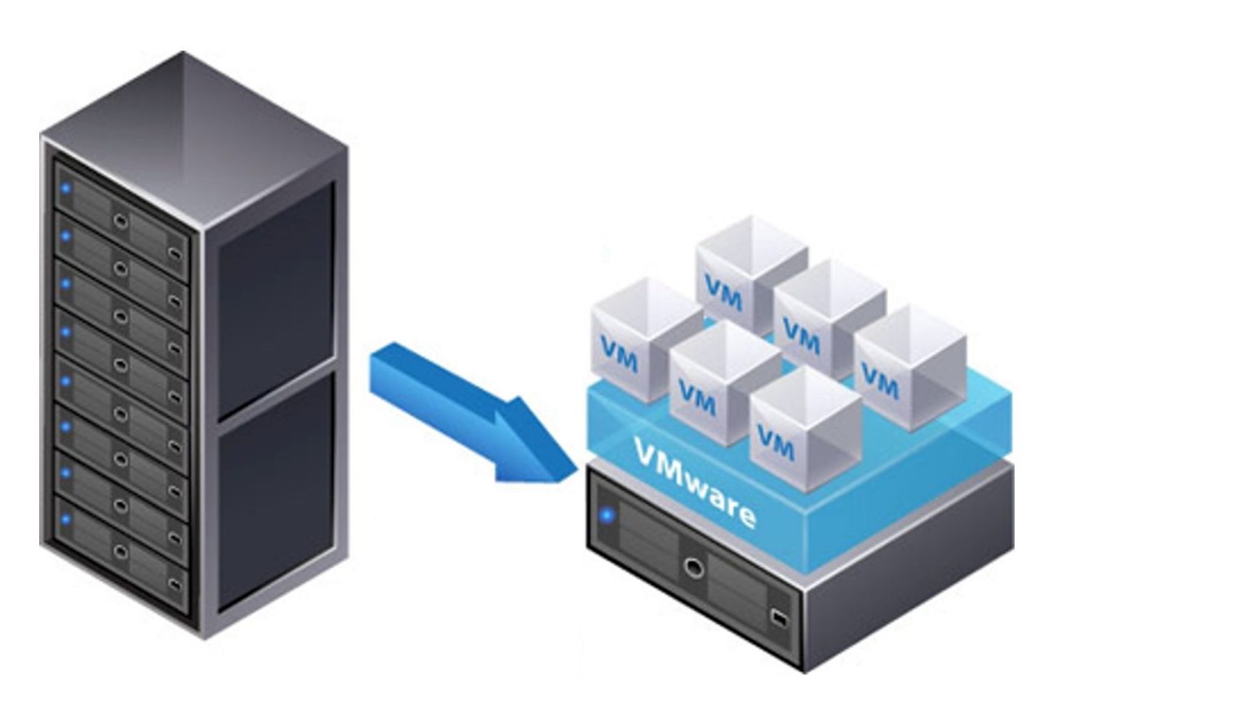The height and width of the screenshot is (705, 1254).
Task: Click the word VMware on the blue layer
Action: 694,484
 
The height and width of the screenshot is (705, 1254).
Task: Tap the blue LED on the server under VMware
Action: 607,515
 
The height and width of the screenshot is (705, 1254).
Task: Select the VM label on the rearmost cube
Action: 723,294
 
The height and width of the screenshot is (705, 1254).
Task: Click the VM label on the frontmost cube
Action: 775,442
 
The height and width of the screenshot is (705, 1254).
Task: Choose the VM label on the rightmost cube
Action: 879,381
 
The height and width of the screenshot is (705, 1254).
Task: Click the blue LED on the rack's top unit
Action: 66,189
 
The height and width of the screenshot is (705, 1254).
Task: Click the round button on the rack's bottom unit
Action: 121,552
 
